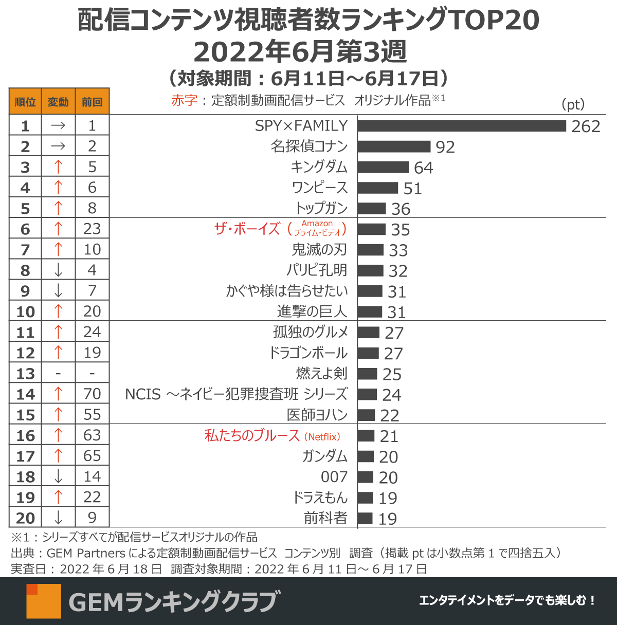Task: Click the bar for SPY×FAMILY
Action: [x=461, y=126]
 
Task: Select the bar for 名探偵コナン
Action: [x=394, y=146]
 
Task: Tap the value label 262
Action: [x=586, y=126]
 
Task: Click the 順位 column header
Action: [x=25, y=102]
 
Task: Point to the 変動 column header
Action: [x=58, y=102]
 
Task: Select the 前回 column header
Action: [x=92, y=102]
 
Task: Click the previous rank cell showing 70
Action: [x=92, y=394]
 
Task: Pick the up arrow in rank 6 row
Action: [x=58, y=229]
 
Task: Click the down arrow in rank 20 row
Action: [x=58, y=518]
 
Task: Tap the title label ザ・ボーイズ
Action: [x=247, y=229]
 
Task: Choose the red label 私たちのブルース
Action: [x=252, y=436]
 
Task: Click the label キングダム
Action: [x=319, y=167]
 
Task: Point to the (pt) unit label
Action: [x=573, y=104]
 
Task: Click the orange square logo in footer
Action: [x=44, y=601]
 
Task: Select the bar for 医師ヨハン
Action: [x=366, y=415]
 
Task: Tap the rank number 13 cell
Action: [x=25, y=374]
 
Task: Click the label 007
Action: [x=334, y=477]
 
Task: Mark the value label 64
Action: [x=423, y=168]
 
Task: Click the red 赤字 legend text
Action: [x=184, y=100]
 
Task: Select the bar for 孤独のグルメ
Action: [x=368, y=333]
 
